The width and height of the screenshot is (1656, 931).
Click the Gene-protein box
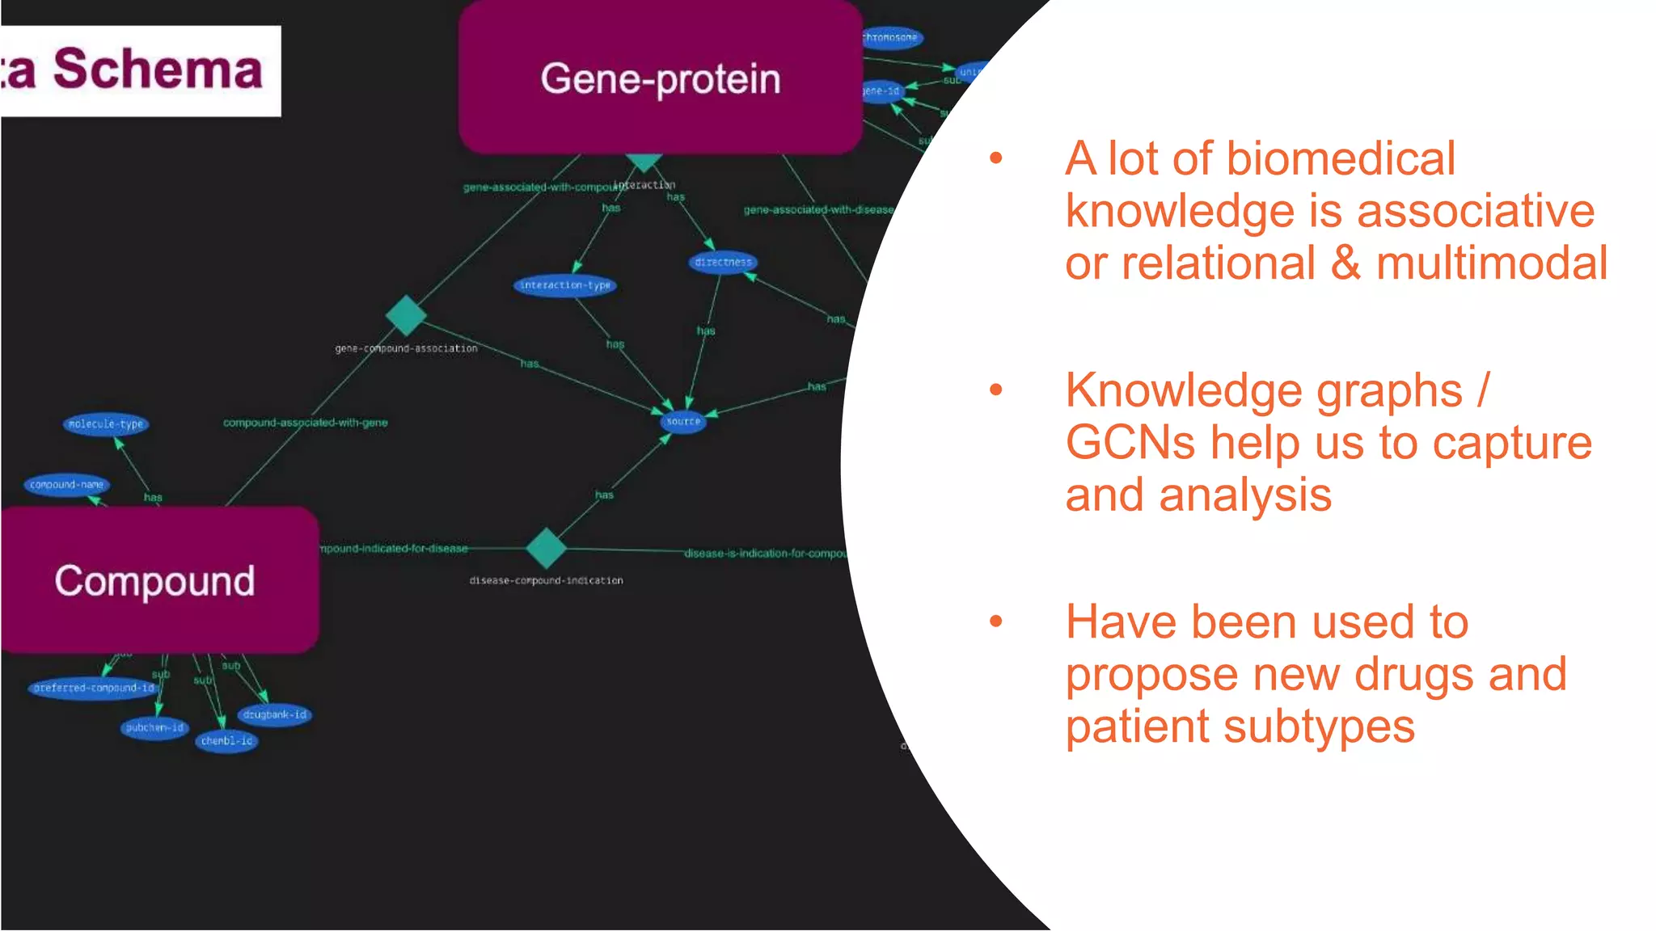(x=660, y=78)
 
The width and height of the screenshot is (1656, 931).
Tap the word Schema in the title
(x=158, y=70)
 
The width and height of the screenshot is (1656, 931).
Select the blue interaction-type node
(x=565, y=285)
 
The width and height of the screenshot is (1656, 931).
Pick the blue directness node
(x=723, y=262)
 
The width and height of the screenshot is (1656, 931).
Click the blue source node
(x=683, y=421)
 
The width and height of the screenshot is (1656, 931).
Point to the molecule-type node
(x=106, y=423)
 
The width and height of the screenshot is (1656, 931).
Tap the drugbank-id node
(x=275, y=714)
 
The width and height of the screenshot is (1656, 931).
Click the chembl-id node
(x=226, y=740)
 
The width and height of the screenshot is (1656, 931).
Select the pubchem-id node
(x=154, y=727)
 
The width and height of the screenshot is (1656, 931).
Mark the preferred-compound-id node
(x=94, y=688)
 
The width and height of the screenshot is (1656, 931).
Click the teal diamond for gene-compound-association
(x=406, y=315)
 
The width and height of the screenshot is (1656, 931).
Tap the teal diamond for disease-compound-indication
(x=546, y=548)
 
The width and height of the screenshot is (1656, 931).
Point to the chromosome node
(x=889, y=37)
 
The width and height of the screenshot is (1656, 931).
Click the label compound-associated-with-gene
(x=305, y=423)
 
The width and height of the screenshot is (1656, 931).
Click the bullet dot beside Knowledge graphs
(x=996, y=390)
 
